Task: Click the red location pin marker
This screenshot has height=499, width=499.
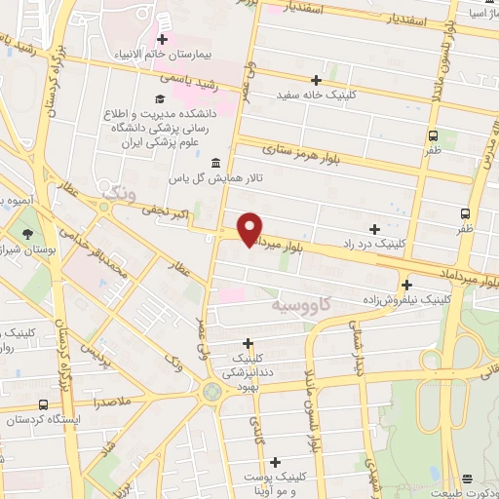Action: pyautogui.click(x=249, y=228)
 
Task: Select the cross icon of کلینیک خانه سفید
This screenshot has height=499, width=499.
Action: pyautogui.click(x=315, y=80)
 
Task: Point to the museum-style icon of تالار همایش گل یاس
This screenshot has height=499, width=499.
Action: pyautogui.click(x=214, y=162)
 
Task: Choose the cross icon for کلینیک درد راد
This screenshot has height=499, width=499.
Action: pyautogui.click(x=375, y=227)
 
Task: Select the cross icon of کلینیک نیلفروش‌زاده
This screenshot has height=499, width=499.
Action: pyautogui.click(x=405, y=285)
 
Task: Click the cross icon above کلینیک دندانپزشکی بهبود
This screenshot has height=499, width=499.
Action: pyautogui.click(x=249, y=343)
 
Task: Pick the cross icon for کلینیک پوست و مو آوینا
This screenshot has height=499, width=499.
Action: pyautogui.click(x=276, y=462)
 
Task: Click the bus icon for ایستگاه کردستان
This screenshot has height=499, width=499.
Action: pyautogui.click(x=43, y=404)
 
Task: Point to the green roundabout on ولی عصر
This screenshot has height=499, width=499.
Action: pyautogui.click(x=211, y=391)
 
